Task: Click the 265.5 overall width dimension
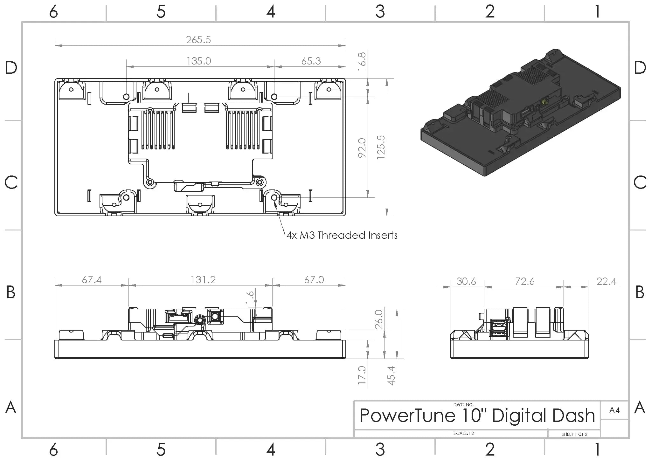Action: point(198,40)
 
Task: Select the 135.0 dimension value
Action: point(199,61)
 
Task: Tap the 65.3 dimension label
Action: point(311,61)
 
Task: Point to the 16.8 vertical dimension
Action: point(362,61)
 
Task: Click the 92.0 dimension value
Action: point(362,148)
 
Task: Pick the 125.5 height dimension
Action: point(381,147)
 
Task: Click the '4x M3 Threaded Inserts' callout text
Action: point(342,235)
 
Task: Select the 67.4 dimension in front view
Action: point(92,280)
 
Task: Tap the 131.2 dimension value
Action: point(203,280)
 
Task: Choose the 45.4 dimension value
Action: point(391,375)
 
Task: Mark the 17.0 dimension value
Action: point(362,375)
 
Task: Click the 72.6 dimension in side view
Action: point(525,281)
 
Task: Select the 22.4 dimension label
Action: point(606,281)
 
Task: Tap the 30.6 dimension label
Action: point(466,281)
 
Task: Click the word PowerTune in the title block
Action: point(407,416)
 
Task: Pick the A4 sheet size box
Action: point(614,410)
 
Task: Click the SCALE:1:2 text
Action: point(463,433)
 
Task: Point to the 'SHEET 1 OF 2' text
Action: point(574,434)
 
